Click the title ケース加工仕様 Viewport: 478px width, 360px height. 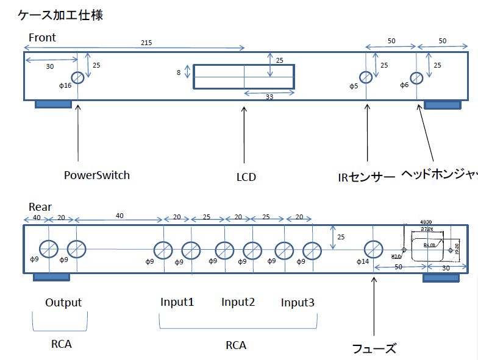[60, 15]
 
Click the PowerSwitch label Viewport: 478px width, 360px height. [97, 175]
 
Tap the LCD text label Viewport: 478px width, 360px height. [246, 177]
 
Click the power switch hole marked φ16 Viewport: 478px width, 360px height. [78, 77]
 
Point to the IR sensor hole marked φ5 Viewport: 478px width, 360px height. [366, 77]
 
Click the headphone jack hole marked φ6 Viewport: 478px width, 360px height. [416, 77]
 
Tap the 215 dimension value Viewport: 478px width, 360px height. [146, 43]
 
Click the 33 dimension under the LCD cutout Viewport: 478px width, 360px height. [269, 97]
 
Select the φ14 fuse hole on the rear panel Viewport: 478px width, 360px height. [373, 249]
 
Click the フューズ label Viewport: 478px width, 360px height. [374, 348]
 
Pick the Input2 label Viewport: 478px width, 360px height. [237, 302]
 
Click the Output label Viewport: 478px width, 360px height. [63, 302]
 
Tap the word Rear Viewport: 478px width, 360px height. [41, 208]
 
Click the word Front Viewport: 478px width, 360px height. [42, 38]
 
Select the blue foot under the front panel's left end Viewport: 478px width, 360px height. [54, 104]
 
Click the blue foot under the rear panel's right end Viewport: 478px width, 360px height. [441, 277]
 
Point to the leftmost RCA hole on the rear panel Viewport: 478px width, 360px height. [49, 249]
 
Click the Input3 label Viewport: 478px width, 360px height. [298, 302]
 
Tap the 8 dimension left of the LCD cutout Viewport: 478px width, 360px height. [179, 72]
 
